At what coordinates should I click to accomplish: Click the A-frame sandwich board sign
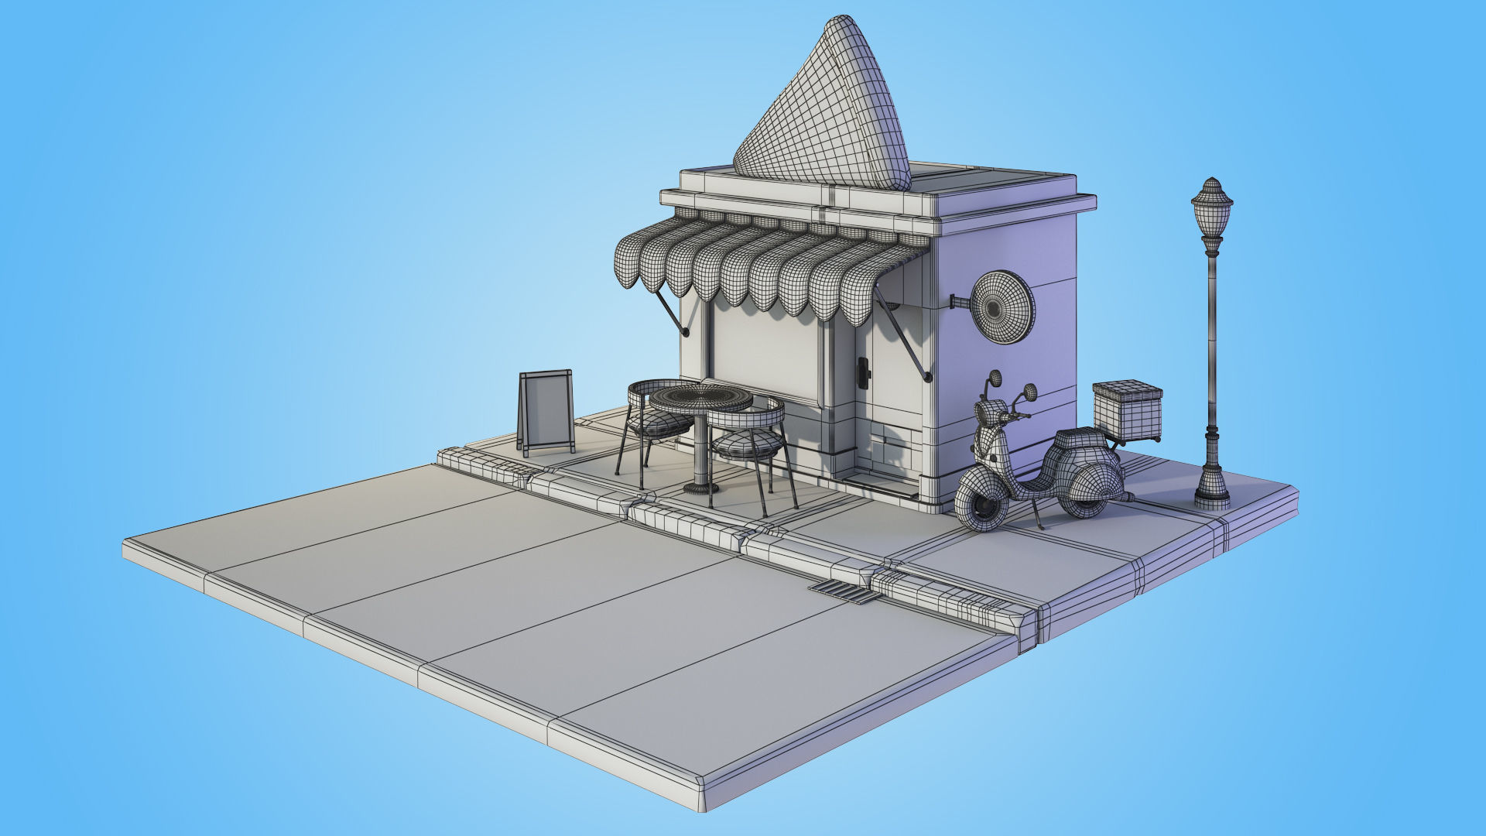point(546,410)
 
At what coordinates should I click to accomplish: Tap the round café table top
point(700,399)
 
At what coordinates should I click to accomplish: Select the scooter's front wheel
point(981,503)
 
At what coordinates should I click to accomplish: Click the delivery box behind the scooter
point(1127,410)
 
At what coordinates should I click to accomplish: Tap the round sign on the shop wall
point(1002,307)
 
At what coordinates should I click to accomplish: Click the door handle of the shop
point(863,372)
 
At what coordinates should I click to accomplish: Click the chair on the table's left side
point(650,422)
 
